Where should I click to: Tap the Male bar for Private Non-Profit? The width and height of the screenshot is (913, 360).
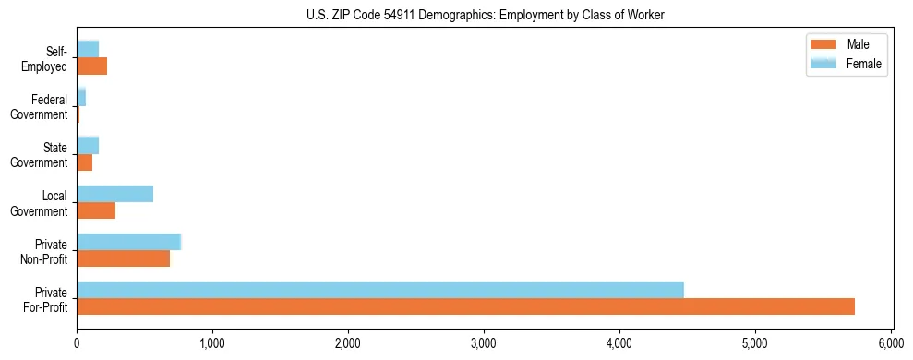123,258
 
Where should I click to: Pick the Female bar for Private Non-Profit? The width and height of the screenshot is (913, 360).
128,242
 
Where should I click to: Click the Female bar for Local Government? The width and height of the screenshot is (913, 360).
114,194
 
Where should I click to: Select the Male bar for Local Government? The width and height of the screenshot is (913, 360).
96,210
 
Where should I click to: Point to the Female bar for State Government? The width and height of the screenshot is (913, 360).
88,146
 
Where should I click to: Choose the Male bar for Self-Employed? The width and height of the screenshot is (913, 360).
91,66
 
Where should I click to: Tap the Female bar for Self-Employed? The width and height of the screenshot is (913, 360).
88,50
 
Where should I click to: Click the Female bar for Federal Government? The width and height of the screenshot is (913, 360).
81,98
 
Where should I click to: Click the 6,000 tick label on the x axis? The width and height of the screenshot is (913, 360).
891,342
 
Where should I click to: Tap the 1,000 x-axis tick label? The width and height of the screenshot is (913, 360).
212,342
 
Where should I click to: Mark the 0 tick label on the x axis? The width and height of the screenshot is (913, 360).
77,342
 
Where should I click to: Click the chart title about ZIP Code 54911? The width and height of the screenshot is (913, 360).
485,15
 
